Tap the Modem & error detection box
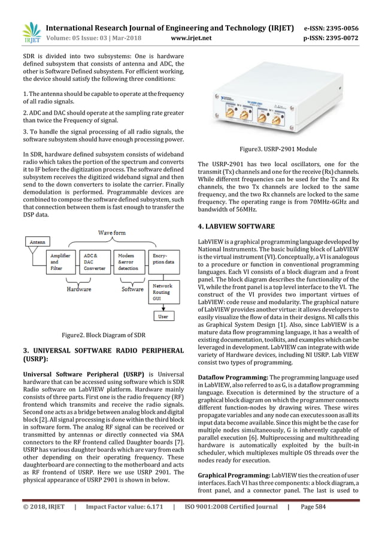pos(128,261)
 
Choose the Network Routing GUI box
pos(162,292)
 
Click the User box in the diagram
pos(162,316)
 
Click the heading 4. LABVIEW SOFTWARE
pos(237,227)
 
